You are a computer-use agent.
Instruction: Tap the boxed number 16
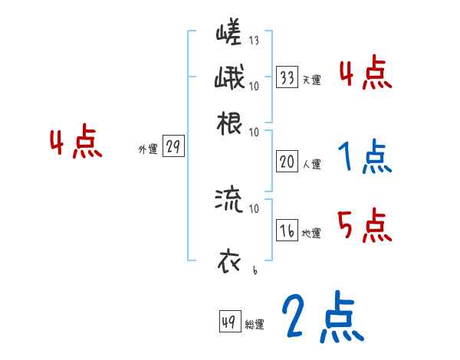click(x=287, y=231)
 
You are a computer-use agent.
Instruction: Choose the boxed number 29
click(x=173, y=148)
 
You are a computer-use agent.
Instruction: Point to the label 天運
click(x=311, y=79)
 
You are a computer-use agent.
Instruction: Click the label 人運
click(x=311, y=163)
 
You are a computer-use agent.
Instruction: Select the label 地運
click(x=311, y=233)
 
